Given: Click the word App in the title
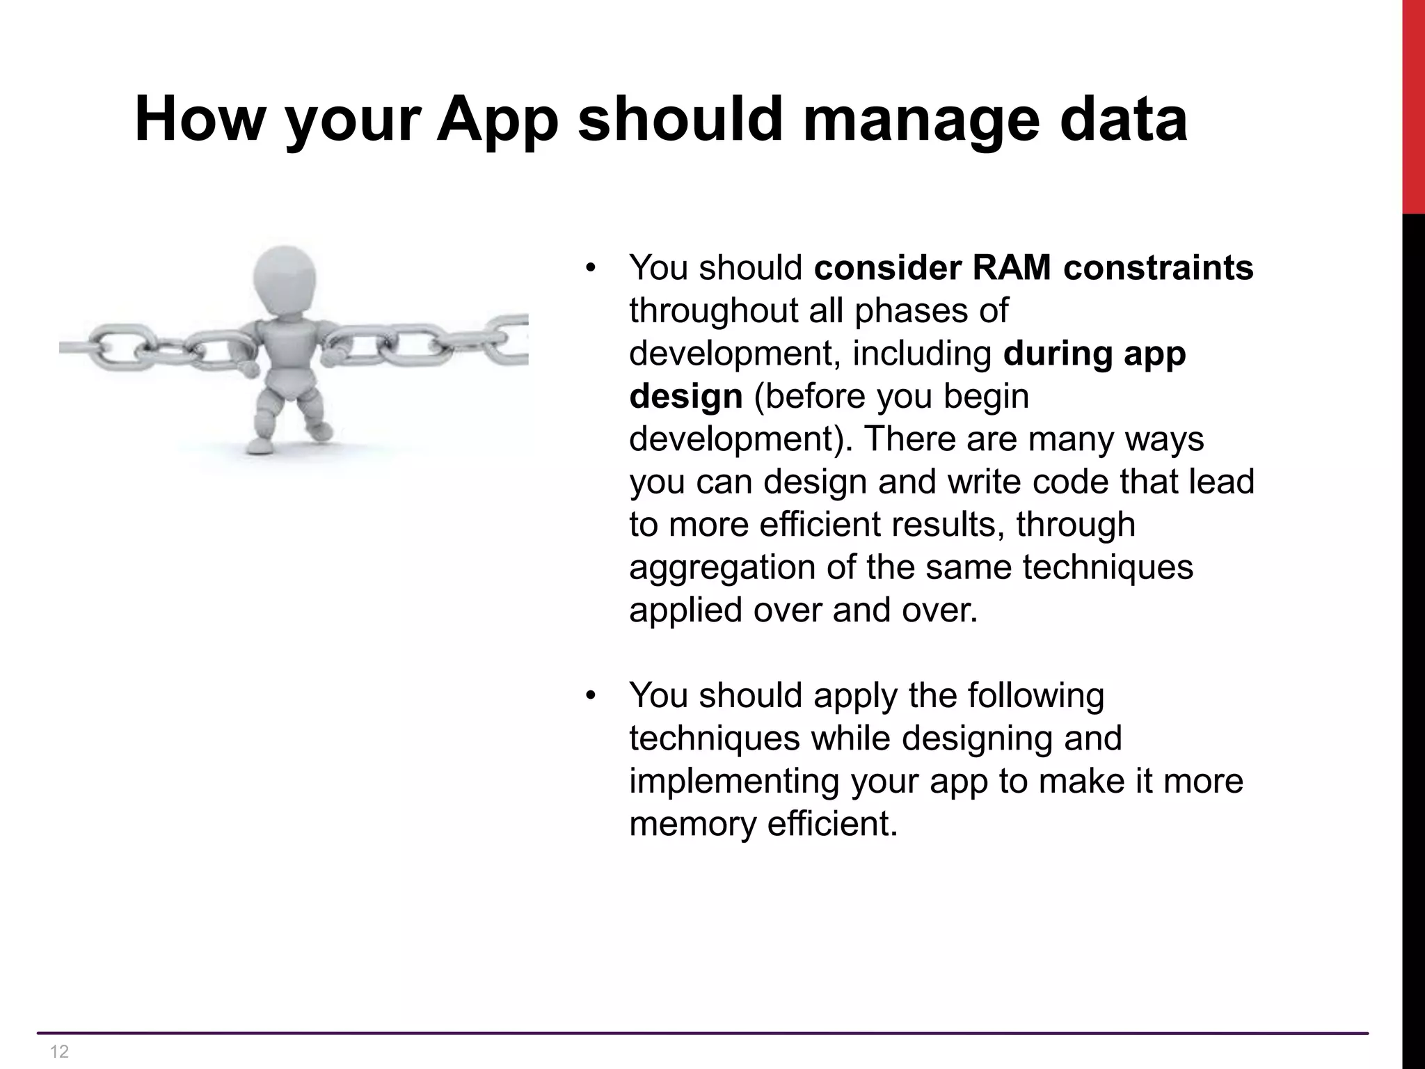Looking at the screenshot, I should pos(497,120).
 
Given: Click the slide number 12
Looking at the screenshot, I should pos(60,1052).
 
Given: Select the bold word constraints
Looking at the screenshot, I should pos(1158,267).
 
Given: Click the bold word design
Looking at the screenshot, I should pos(685,396).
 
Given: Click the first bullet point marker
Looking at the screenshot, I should pos(591,268).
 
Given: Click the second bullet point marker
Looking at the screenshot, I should pos(591,696).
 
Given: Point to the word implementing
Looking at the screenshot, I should pos(733,781).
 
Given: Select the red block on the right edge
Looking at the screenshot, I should pos(1412,104).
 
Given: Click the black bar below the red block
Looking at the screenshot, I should pos(1412,626).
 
